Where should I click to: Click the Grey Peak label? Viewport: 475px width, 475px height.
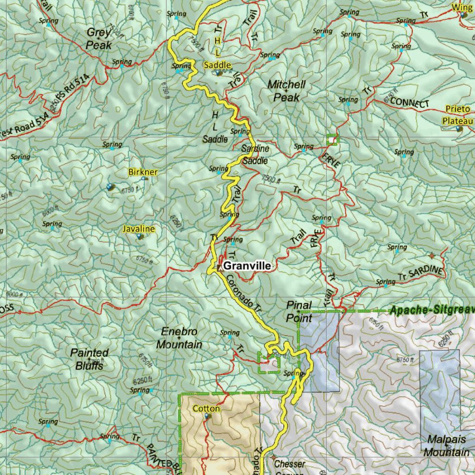pyautogui.click(x=99, y=39)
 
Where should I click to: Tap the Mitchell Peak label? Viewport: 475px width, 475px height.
pyautogui.click(x=286, y=91)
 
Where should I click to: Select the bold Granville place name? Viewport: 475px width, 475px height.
pyautogui.click(x=247, y=266)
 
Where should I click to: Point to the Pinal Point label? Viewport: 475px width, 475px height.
pyautogui.click(x=299, y=311)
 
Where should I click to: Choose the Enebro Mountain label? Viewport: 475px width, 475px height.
pyautogui.click(x=179, y=338)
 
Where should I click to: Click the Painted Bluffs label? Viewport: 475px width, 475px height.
pyautogui.click(x=90, y=359)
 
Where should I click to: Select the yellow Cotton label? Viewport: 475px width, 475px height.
pyautogui.click(x=206, y=409)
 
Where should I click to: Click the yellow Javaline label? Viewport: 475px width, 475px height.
pyautogui.click(x=138, y=229)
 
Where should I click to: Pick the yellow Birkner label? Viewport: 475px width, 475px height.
pyautogui.click(x=142, y=173)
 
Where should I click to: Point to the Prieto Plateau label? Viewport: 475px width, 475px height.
pyautogui.click(x=457, y=115)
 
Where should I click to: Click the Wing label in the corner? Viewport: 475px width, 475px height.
pyautogui.click(x=460, y=7)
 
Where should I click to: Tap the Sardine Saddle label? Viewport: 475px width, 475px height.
pyautogui.click(x=255, y=155)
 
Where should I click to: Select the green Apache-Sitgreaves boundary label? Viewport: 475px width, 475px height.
pyautogui.click(x=431, y=310)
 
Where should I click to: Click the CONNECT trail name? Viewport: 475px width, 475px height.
pyautogui.click(x=410, y=103)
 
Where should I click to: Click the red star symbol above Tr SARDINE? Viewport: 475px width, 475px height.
pyautogui.click(x=432, y=256)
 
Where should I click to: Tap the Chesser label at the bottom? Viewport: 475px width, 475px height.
pyautogui.click(x=289, y=464)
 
